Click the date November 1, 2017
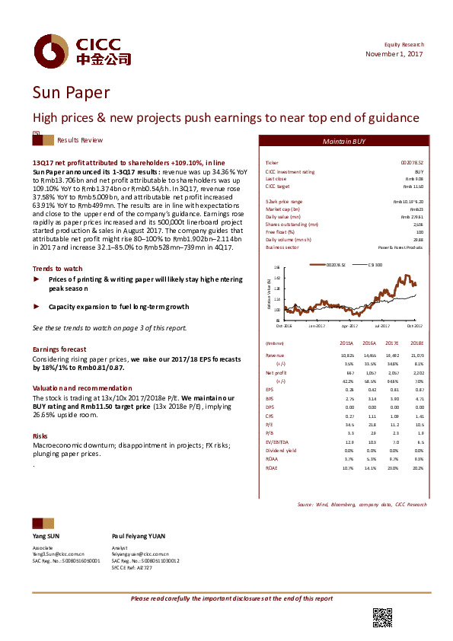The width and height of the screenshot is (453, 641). tap(394, 54)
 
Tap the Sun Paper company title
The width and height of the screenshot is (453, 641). tap(71, 93)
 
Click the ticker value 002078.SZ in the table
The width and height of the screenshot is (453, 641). tap(412, 163)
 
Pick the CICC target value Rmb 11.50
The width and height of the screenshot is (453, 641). tap(413, 186)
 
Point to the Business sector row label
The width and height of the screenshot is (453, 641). tap(281, 247)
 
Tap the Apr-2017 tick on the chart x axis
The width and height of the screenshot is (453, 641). tap(349, 326)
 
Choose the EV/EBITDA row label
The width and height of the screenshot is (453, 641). tap(276, 442)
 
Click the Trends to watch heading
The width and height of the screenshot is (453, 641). tap(58, 268)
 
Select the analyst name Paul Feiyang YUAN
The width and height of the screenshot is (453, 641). tap(139, 536)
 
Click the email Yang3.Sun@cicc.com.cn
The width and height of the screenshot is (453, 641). tap(57, 553)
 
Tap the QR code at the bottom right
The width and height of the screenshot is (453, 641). tap(381, 618)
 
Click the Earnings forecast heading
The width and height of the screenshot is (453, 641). tap(59, 349)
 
